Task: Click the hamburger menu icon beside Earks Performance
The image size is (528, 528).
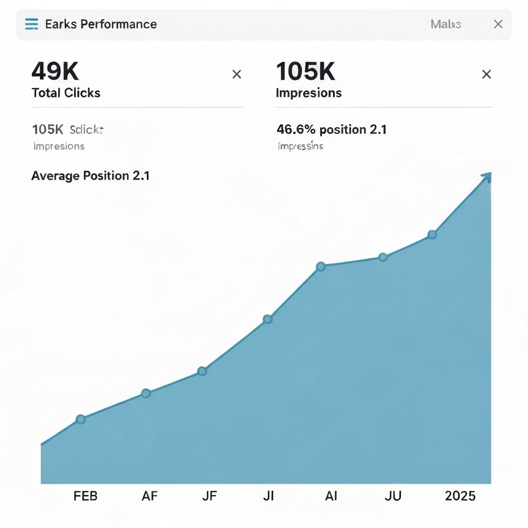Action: click(31, 24)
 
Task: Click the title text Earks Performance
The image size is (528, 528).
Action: click(101, 24)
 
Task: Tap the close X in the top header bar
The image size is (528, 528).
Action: click(498, 24)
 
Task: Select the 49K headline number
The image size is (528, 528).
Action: click(55, 71)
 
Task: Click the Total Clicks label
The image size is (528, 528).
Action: click(66, 93)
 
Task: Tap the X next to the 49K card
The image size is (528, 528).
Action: click(237, 75)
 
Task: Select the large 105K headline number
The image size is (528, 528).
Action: click(306, 71)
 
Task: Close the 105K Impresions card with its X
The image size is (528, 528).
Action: click(486, 75)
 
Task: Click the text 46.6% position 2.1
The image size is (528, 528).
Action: click(332, 129)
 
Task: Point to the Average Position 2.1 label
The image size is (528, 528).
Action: click(90, 176)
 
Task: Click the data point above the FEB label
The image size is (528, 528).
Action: click(80, 419)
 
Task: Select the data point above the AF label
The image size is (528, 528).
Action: click(146, 393)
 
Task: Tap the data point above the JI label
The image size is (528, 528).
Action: click(268, 319)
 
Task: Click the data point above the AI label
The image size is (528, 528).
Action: click(321, 267)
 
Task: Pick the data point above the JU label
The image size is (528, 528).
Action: click(383, 257)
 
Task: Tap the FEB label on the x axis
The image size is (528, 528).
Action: click(86, 496)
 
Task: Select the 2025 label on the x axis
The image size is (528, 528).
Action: click(460, 496)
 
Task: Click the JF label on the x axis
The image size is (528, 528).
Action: click(209, 496)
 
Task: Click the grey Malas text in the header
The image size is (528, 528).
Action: click(445, 24)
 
